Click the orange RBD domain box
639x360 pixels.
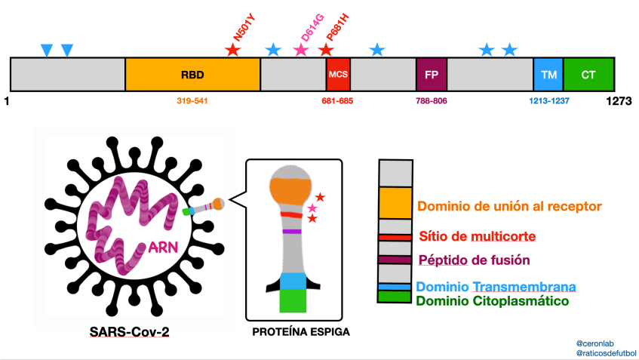[192, 75]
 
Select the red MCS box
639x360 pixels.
[338, 75]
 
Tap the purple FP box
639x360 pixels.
[432, 75]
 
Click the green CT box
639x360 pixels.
[588, 75]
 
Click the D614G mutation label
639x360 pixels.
[309, 27]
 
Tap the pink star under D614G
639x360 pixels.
[301, 51]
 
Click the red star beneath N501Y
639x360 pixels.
[233, 51]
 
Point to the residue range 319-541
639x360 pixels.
[192, 100]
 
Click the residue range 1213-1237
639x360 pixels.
[548, 100]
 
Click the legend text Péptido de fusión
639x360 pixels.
[475, 260]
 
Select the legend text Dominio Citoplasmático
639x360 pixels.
[492, 300]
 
